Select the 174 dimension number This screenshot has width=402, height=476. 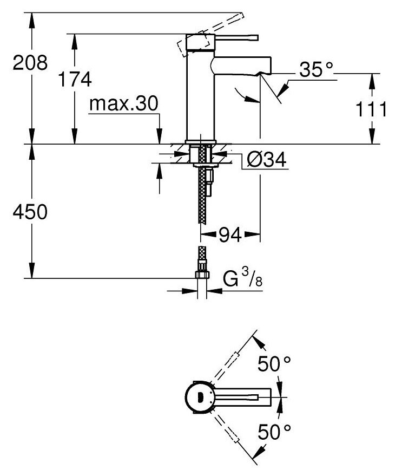(x=75, y=80)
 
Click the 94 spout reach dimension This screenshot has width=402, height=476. (x=229, y=235)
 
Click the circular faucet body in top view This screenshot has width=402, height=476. (x=200, y=398)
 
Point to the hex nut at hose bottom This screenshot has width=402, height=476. (x=202, y=275)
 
